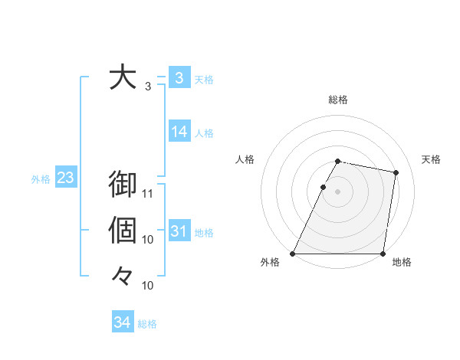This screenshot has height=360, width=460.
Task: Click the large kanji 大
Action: (123, 78)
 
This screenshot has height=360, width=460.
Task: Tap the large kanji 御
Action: (123, 185)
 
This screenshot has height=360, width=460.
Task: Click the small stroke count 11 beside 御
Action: (149, 193)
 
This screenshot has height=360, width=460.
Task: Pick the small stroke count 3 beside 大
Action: (148, 86)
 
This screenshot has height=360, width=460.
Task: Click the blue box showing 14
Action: (179, 132)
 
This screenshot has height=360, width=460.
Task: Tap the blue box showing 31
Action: (179, 231)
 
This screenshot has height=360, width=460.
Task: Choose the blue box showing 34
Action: (123, 322)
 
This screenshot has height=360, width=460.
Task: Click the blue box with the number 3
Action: (179, 78)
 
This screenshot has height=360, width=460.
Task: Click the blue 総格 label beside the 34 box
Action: (147, 324)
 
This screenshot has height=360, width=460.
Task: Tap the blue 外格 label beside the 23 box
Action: (41, 179)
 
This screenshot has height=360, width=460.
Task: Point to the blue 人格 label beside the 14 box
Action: (204, 133)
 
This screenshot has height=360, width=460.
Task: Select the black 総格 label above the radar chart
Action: (338, 100)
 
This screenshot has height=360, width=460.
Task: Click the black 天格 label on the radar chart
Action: (432, 159)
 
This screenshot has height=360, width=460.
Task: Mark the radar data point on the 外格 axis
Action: (293, 254)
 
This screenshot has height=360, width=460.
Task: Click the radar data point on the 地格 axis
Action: (383, 254)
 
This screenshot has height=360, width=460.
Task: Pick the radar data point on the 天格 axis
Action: (396, 173)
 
